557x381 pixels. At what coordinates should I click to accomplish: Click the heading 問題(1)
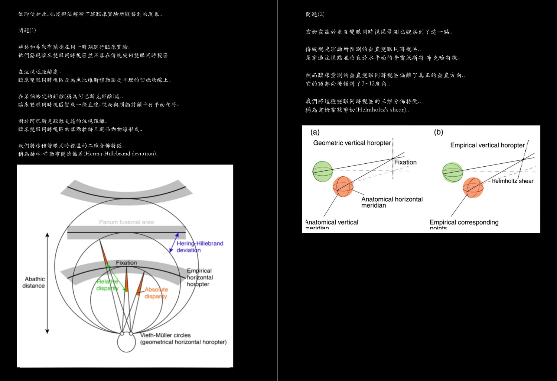pos(27,31)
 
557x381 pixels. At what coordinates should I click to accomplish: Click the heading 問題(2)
pos(315,14)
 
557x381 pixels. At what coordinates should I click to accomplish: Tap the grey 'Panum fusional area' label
pos(126,222)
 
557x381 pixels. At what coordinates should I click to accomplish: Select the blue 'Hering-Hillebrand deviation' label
pos(199,247)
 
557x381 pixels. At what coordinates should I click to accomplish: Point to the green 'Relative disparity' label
pos(107,285)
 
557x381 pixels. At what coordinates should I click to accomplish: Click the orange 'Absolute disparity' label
pos(156,293)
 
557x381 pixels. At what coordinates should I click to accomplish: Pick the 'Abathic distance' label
pos(34,282)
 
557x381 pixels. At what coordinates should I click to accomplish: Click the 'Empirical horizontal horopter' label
pos(200,278)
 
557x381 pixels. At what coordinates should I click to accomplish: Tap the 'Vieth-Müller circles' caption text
pos(166,335)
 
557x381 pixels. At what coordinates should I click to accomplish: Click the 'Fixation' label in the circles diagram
pos(126,263)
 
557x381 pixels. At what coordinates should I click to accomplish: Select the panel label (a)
pos(315,132)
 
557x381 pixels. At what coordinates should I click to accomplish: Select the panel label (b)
pos(439,132)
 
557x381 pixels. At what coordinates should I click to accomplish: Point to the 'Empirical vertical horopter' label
pos(487,145)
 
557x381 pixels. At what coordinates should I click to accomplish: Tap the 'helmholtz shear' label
pos(512,181)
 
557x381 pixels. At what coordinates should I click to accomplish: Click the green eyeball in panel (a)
pos(322,171)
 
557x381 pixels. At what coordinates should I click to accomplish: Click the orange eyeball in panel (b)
pos(473,188)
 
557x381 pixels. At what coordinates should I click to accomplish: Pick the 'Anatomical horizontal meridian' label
pos(392,202)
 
